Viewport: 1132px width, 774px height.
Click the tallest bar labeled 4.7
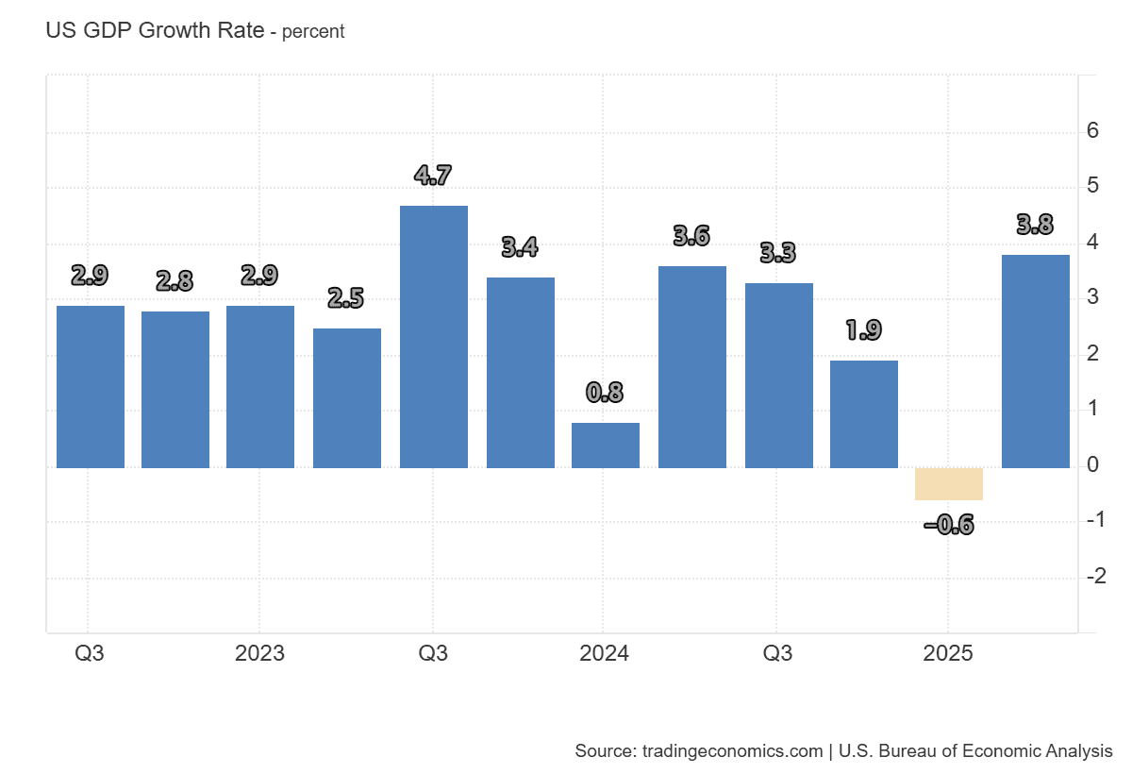(x=434, y=337)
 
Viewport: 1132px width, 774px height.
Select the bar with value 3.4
(x=521, y=373)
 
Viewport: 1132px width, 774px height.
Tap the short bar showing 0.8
(x=606, y=446)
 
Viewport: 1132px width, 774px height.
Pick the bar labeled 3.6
(x=692, y=367)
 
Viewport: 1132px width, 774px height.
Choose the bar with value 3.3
(x=779, y=376)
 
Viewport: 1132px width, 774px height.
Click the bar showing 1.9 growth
(x=864, y=414)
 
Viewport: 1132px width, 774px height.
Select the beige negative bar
(x=949, y=484)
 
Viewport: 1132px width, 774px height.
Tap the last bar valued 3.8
(x=1036, y=362)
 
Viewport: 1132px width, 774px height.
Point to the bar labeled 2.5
(x=347, y=398)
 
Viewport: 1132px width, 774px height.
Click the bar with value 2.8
(x=175, y=390)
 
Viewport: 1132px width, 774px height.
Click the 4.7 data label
(x=433, y=175)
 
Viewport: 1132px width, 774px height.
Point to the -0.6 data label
(x=949, y=525)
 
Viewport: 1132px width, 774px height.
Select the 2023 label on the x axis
(x=259, y=654)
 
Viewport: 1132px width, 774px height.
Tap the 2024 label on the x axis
(x=604, y=654)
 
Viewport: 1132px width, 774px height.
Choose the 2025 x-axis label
(x=947, y=654)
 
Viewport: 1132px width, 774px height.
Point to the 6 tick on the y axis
(x=1092, y=131)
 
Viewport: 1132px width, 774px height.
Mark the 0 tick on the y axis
(x=1092, y=465)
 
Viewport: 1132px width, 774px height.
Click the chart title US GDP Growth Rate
(x=155, y=30)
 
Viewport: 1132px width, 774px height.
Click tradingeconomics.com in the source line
(x=732, y=751)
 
